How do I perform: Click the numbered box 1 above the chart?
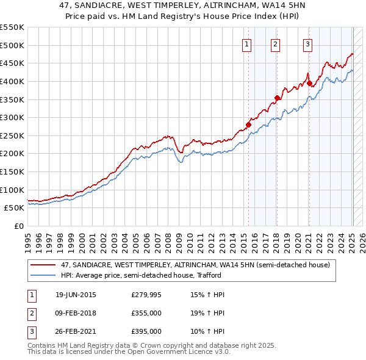(247, 43)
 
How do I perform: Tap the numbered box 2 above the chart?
(276, 43)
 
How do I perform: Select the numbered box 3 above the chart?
(308, 43)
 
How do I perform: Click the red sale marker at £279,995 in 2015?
(248, 125)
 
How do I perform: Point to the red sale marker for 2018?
(277, 98)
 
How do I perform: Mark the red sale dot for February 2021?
(309, 84)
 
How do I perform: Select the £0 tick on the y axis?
(18, 226)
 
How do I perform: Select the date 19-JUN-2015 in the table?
(76, 295)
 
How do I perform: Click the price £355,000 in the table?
(146, 314)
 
